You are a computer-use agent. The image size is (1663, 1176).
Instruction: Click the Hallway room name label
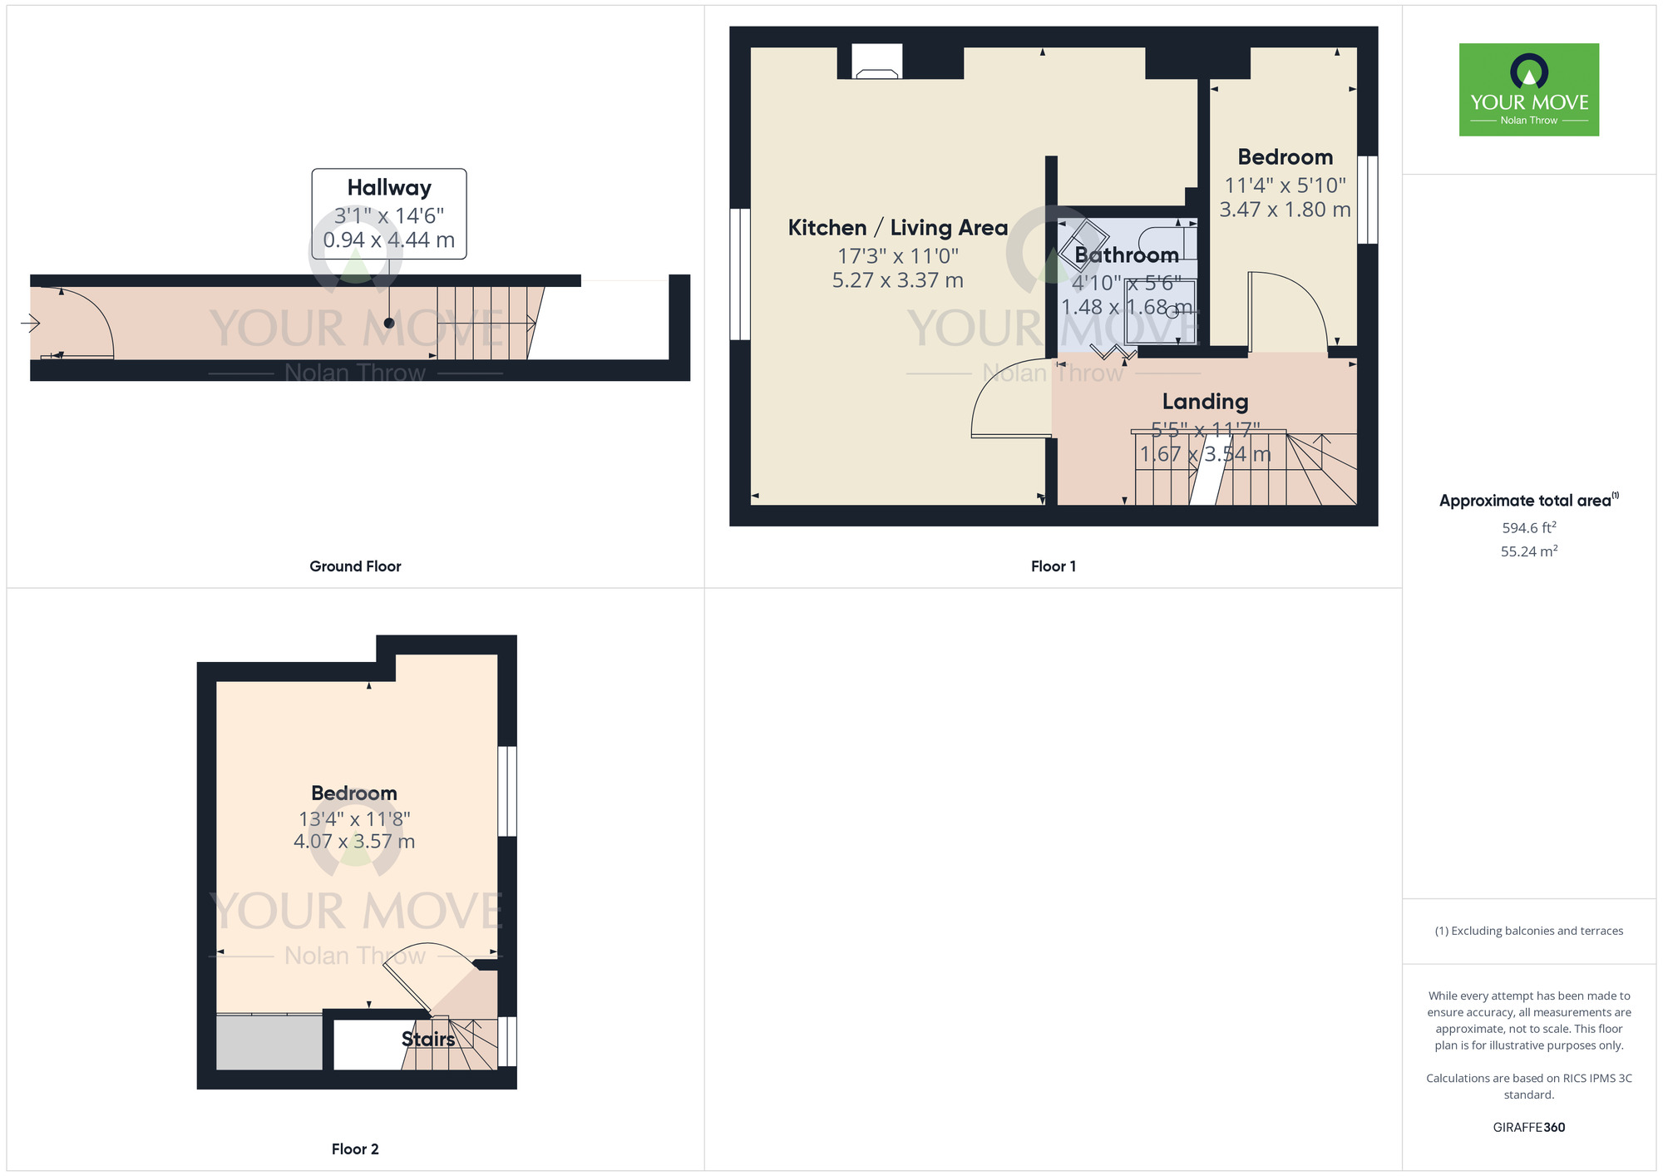389,188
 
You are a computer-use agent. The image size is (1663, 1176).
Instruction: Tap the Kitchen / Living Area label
897,228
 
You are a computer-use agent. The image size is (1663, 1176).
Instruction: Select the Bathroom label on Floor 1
1126,255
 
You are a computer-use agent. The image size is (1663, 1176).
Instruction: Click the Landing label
1205,402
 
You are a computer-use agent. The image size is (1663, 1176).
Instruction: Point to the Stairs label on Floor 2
428,1039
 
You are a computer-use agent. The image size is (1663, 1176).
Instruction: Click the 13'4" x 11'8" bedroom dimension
354,819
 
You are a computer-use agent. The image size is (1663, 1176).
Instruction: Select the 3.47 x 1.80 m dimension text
1285,210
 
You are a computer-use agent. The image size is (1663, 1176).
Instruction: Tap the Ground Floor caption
355,566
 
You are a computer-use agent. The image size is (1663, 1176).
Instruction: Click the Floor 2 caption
355,1149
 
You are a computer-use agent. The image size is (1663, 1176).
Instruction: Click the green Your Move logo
1528,90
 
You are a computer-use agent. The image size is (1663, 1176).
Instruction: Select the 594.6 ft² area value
1528,528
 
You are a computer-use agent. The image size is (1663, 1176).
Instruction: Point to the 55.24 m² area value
1528,551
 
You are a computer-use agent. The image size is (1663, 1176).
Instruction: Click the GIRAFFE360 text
1528,1128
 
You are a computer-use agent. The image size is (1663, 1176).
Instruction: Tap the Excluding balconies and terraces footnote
1528,931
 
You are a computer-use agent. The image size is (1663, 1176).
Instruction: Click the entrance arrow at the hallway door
30,323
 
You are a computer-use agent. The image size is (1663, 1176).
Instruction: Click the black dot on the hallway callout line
389,323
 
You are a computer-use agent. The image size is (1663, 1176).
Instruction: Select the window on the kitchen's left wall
739,274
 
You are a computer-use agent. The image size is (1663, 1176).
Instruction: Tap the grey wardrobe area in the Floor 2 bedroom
269,1042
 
